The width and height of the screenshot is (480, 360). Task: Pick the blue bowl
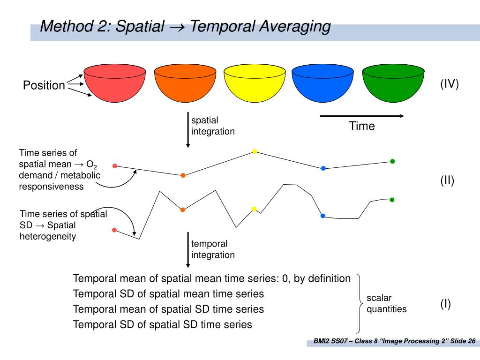(x=322, y=84)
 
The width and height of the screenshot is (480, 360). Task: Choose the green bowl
(x=393, y=84)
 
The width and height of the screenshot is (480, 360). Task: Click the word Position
(x=44, y=85)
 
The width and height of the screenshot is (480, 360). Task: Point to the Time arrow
(x=361, y=116)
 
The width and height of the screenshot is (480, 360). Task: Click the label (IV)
(x=449, y=84)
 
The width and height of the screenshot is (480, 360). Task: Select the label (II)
(x=447, y=180)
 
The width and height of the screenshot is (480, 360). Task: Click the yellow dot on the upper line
(x=255, y=151)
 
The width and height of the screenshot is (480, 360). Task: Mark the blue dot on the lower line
(x=323, y=216)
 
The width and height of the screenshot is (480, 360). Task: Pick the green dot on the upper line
(x=392, y=161)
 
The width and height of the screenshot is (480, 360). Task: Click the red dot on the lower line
(x=114, y=230)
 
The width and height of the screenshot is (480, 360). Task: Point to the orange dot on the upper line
(x=183, y=175)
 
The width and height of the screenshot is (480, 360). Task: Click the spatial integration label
(x=213, y=126)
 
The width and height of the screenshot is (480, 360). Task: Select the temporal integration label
(x=213, y=249)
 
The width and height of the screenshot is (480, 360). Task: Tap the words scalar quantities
(x=386, y=303)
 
